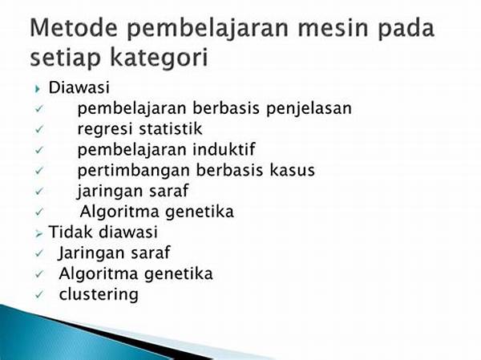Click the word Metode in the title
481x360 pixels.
74,27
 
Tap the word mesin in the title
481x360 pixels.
333,27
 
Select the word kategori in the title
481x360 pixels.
159,58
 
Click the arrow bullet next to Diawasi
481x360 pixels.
38,89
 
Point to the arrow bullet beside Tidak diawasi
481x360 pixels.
38,234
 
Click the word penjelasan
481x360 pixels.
309,109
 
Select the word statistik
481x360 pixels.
171,129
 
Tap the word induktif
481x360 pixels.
224,149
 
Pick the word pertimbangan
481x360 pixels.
133,171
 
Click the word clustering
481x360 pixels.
99,294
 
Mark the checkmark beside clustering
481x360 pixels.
39,294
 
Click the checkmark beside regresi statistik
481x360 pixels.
39,130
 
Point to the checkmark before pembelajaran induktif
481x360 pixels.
39,150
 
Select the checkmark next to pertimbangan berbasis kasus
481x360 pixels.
39,171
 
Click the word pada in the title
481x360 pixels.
406,29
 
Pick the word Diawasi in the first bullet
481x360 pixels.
79,87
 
